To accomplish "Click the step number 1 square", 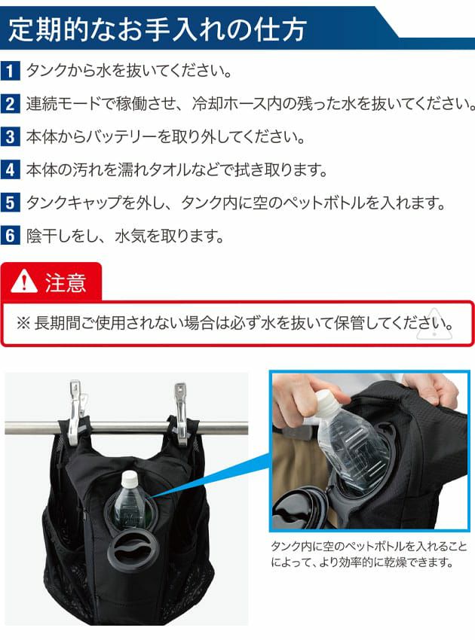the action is (x=11, y=71).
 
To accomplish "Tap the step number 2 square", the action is (x=11, y=104).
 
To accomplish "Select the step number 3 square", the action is (x=11, y=136).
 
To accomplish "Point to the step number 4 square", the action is (x=11, y=169).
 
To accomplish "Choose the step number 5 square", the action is (x=11, y=203).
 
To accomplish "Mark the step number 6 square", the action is (x=11, y=236).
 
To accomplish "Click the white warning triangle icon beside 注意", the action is (x=24, y=282).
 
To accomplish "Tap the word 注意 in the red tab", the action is (x=66, y=282).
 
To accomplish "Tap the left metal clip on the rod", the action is (x=78, y=413).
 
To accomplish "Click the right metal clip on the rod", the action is (x=180, y=413).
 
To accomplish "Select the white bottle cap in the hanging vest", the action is (x=130, y=477).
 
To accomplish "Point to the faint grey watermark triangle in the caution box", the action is (x=434, y=325).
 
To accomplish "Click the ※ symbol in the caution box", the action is (x=23, y=323).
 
